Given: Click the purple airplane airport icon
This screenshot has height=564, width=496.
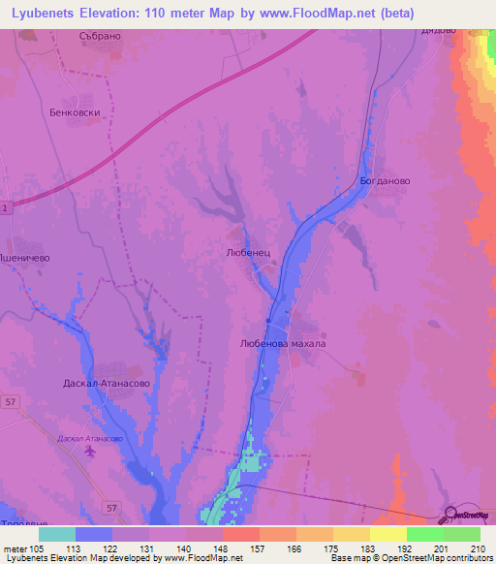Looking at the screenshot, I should coord(90,454).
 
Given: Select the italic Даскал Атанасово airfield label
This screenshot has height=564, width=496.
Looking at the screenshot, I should coord(90,439).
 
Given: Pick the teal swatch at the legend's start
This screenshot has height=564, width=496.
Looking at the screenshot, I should coord(57,533).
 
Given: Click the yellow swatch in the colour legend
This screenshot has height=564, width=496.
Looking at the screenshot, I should coord(387,533).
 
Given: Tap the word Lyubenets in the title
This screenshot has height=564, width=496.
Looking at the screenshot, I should coord(47,13).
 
